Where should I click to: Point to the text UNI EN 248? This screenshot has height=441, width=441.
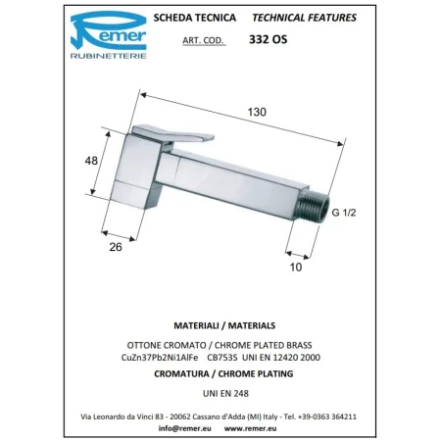tap(220, 389)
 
